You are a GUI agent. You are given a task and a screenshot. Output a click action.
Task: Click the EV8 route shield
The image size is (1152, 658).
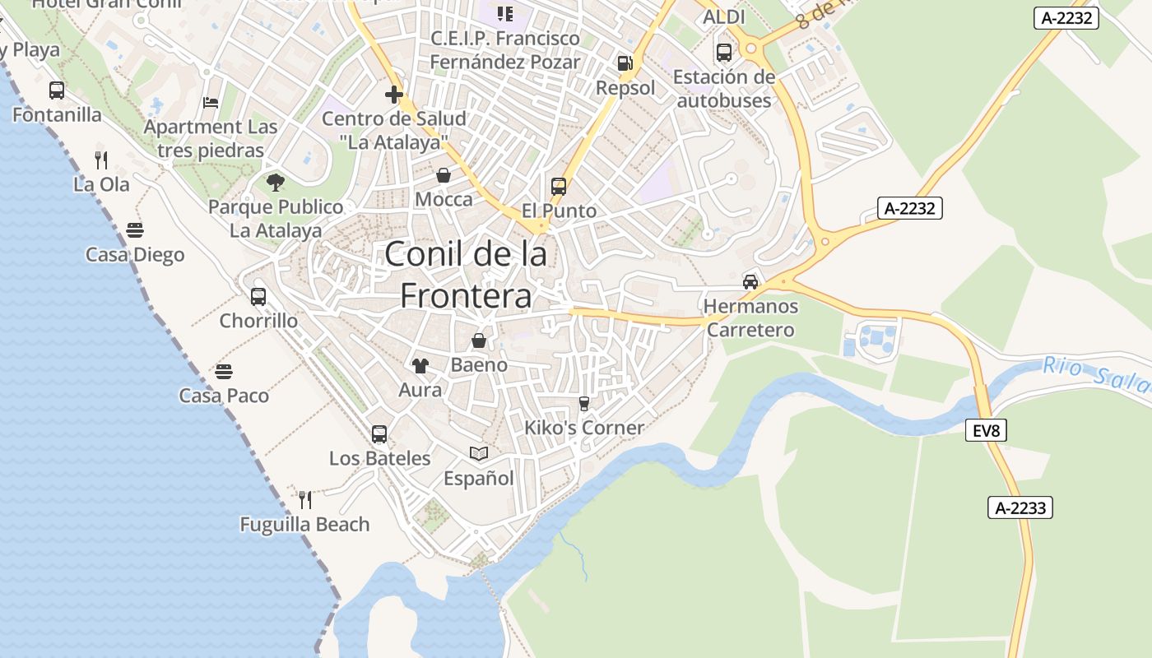click(x=986, y=430)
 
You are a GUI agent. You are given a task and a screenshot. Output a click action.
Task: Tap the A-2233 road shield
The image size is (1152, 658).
click(x=1020, y=507)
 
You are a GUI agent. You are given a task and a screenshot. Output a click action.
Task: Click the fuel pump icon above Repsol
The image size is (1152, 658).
click(x=625, y=63)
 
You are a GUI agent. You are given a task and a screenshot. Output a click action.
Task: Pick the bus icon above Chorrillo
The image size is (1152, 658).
click(x=258, y=297)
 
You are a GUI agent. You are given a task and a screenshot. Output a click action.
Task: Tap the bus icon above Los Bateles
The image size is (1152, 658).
click(x=379, y=434)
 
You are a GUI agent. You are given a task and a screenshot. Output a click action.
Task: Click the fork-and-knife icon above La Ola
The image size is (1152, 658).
click(x=101, y=160)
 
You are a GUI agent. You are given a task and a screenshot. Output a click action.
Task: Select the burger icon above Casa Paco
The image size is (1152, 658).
click(x=224, y=372)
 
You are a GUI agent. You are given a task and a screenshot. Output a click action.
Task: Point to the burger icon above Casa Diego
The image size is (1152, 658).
click(x=135, y=230)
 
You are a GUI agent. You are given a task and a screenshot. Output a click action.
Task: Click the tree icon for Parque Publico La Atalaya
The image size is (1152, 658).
click(x=275, y=183)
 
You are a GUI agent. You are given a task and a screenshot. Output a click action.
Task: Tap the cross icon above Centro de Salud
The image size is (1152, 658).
click(x=394, y=95)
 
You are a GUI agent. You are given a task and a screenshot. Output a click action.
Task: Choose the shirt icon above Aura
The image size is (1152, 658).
click(x=420, y=366)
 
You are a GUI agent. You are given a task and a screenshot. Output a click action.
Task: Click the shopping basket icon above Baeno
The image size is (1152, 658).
click(x=479, y=341)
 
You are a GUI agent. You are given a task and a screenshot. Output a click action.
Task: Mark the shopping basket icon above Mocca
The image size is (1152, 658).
click(x=444, y=175)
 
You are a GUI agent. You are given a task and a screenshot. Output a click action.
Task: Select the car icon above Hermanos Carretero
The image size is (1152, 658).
click(x=750, y=282)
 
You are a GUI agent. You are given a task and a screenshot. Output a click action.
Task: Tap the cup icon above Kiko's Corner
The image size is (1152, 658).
click(x=584, y=403)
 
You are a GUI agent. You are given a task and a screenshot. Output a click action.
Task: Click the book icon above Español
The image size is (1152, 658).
click(x=478, y=453)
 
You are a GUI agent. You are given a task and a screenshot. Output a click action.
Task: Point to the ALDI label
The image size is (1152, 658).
click(x=724, y=17)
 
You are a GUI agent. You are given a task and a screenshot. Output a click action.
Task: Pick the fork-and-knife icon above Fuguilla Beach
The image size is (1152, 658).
click(x=304, y=499)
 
